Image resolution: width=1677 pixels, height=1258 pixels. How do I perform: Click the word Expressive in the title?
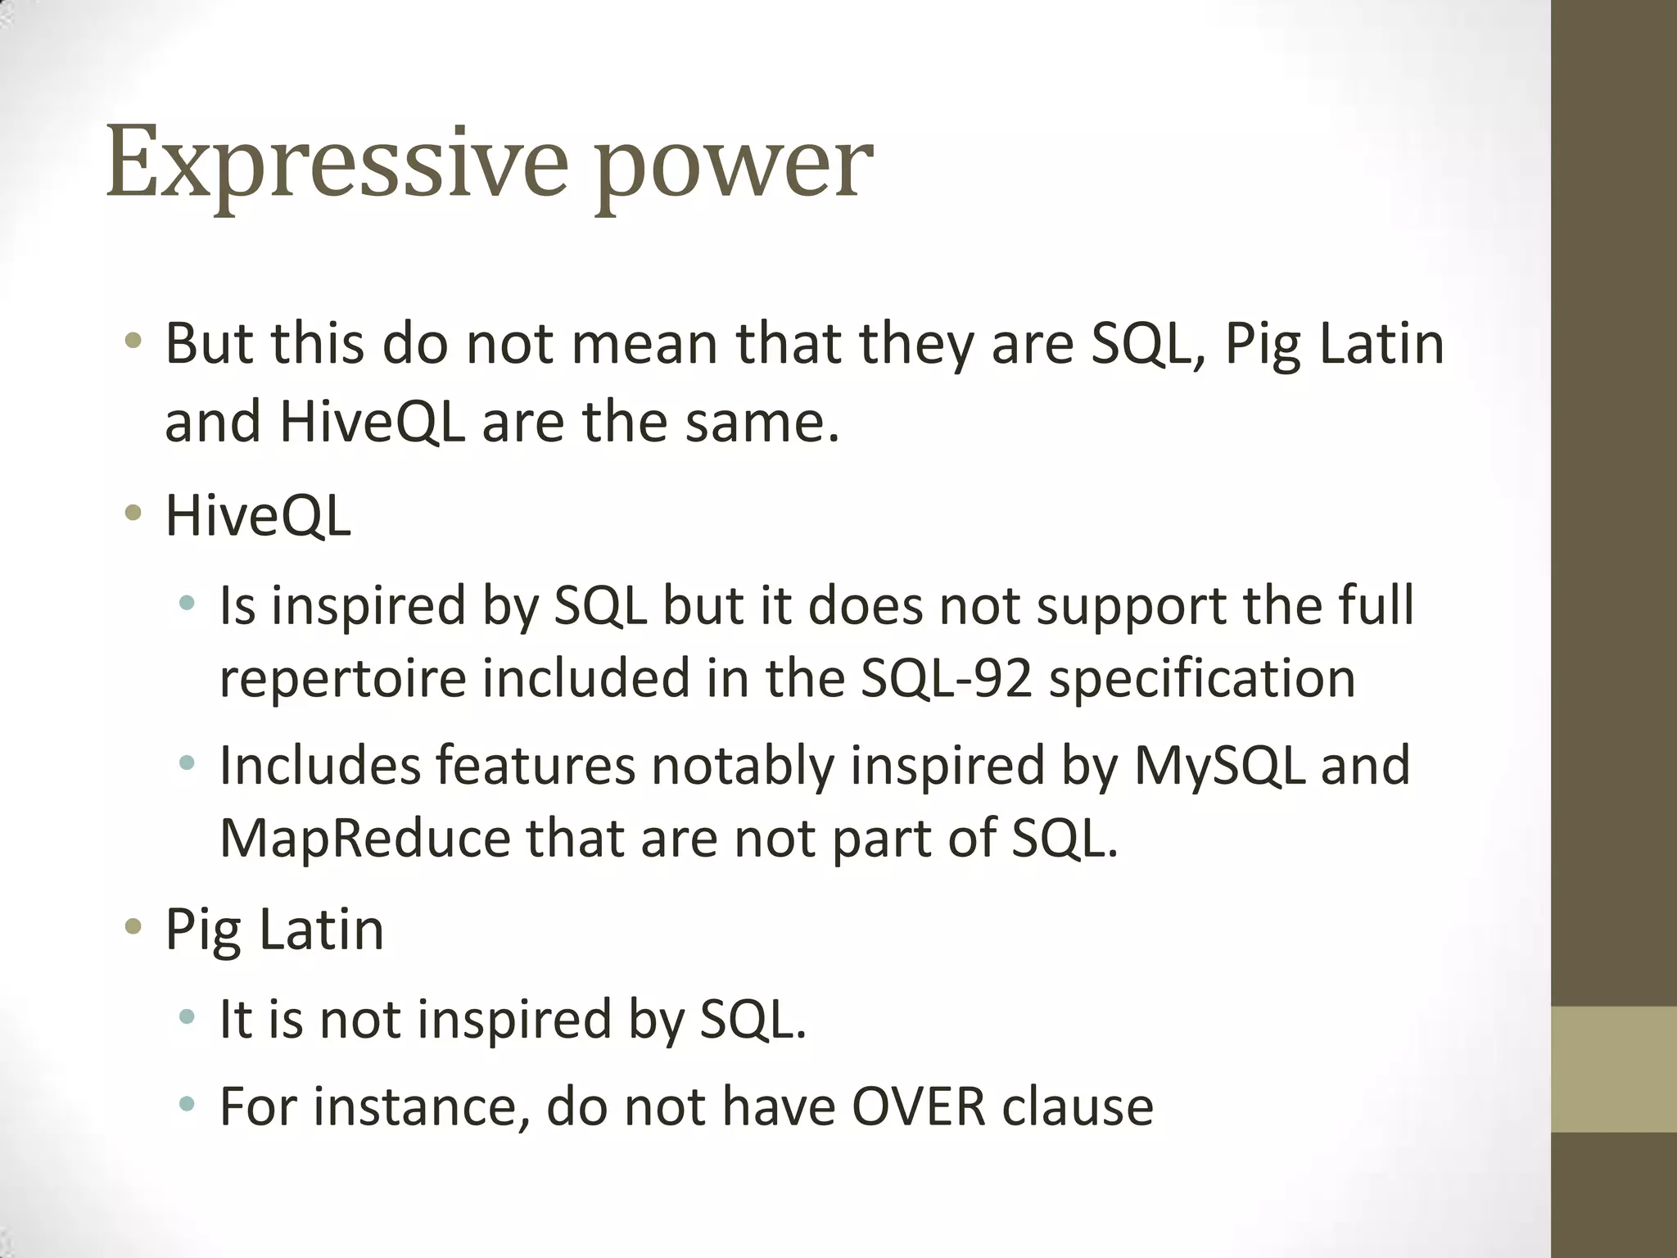336,164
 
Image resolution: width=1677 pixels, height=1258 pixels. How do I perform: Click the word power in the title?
733,168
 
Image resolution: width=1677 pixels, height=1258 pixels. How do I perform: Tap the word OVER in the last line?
918,1106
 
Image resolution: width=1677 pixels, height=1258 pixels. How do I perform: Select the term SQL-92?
946,679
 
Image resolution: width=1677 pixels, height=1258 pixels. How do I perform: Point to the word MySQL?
1218,767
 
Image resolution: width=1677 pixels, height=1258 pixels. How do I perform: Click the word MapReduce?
364,839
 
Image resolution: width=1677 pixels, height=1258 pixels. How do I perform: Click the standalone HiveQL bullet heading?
258,516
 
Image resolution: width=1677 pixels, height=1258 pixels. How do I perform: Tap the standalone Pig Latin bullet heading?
274,930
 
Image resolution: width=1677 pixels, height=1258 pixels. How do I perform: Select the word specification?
1202,679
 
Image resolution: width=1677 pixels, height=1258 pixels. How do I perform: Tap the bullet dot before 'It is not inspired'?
188,1017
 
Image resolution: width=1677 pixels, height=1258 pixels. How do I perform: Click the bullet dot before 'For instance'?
188,1104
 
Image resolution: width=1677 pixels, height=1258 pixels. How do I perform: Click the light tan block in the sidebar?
1613,1069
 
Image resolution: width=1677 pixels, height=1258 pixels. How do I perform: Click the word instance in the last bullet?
422,1106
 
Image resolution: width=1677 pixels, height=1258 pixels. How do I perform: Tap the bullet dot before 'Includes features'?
188,764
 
